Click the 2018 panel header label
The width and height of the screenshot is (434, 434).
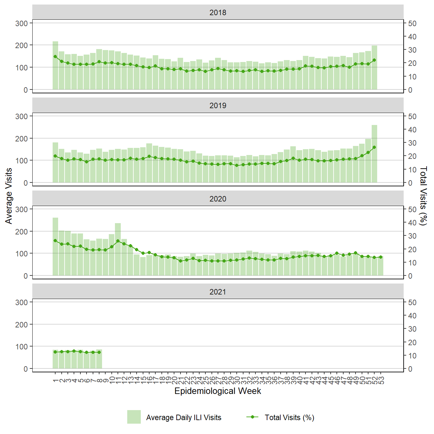tap(218, 13)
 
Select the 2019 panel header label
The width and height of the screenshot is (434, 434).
tap(218, 106)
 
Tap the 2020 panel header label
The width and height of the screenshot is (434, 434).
tap(218, 199)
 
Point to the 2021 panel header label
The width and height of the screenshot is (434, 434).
tap(218, 292)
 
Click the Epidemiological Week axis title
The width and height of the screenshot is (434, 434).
tap(218, 391)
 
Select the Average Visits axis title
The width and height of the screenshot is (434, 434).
tap(9, 196)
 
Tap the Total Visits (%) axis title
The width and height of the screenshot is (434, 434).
tap(423, 196)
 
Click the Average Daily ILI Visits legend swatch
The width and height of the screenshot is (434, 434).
tap(134, 417)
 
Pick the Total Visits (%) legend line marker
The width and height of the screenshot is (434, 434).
tap(252, 417)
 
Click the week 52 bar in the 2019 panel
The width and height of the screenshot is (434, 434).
tap(374, 154)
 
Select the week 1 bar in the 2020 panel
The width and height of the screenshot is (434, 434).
tap(55, 247)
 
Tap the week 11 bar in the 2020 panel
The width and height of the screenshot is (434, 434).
tap(118, 249)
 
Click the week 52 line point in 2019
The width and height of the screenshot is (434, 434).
tap(374, 147)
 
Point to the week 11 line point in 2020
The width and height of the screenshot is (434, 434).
tap(118, 241)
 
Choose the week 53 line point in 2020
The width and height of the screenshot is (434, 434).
tap(381, 257)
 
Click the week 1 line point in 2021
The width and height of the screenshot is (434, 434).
tap(55, 352)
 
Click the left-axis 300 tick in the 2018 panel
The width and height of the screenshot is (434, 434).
tap(22, 23)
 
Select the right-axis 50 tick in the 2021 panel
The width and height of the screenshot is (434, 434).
tap(412, 303)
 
